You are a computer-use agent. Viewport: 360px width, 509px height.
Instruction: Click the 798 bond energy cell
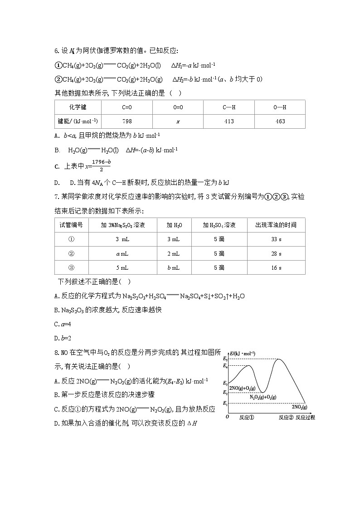pos(127,121)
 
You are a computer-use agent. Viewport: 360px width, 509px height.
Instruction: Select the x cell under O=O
pos(178,121)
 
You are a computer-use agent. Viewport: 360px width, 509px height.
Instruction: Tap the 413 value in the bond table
pos(229,121)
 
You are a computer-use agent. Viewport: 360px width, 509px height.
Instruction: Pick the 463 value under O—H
pos(280,121)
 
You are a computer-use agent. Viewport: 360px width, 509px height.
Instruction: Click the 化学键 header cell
pos(78,107)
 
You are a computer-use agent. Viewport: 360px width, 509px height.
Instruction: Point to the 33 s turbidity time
pos(276,239)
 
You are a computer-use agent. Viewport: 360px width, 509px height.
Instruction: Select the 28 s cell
pos(276,253)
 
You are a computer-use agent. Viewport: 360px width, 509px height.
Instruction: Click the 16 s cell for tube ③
pos(276,267)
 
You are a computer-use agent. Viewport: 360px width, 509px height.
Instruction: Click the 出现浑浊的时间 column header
pos(276,225)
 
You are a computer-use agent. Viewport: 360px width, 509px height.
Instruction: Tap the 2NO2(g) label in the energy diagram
pos(299,407)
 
